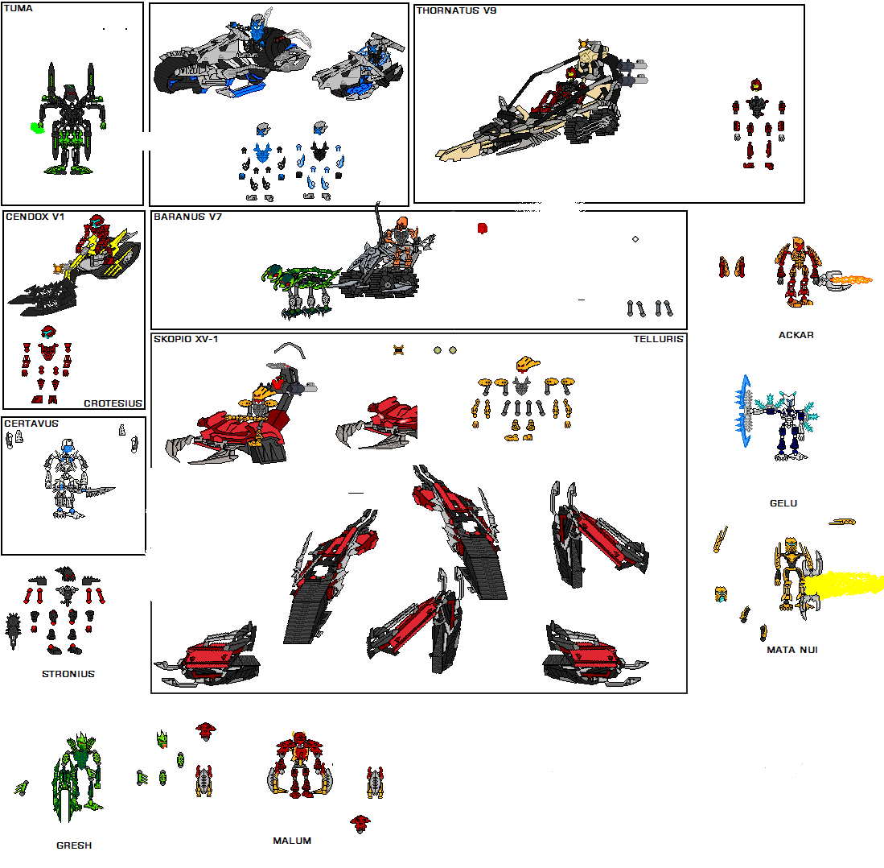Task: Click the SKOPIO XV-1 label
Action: pos(186,339)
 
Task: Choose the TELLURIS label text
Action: pos(658,339)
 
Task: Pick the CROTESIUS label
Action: pos(113,403)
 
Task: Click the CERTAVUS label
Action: pos(31,423)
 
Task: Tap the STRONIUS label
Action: pos(68,674)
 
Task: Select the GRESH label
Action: pos(74,845)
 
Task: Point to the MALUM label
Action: pos(292,841)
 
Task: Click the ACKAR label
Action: pos(796,335)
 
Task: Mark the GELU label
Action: pos(783,503)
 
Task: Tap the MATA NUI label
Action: pos(791,650)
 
